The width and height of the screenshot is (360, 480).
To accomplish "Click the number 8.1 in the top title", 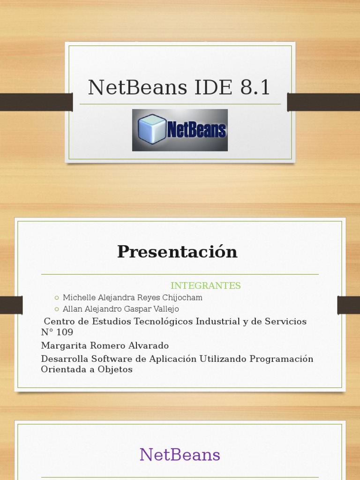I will [255, 88].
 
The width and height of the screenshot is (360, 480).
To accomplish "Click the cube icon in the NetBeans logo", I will [152, 129].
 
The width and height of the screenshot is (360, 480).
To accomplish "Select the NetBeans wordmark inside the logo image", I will [196, 131].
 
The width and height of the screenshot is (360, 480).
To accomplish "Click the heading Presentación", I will [177, 252].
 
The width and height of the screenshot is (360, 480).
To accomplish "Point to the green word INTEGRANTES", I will [205, 286].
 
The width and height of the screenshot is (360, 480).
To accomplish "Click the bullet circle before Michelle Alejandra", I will [57, 298].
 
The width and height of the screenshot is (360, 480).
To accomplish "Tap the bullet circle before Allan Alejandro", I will [57, 309].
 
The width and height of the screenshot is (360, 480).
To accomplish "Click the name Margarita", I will [61, 345].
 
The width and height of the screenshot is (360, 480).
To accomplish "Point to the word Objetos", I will [115, 369].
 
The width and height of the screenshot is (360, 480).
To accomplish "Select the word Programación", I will [281, 359].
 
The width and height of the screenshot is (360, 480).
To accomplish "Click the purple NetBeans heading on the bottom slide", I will [180, 455].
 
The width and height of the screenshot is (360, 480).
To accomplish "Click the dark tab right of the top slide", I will [323, 102].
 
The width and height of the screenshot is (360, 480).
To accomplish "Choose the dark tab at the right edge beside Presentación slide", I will [348, 305].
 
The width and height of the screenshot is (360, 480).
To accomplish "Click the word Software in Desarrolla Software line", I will [111, 359].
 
